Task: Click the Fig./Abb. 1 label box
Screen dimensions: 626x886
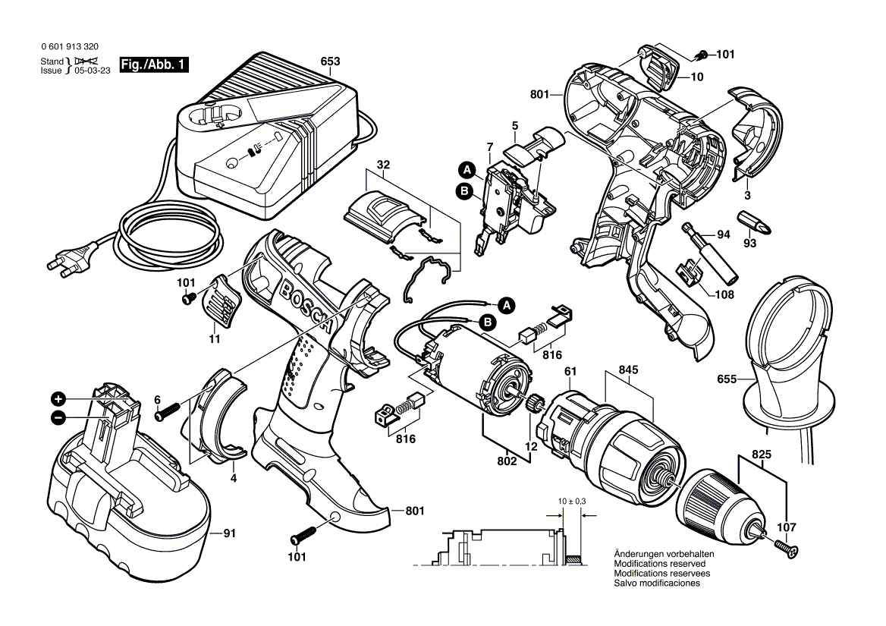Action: (155, 66)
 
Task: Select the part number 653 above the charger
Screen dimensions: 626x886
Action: (330, 61)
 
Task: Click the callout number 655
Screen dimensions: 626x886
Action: (727, 378)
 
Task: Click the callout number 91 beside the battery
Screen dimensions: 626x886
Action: (228, 533)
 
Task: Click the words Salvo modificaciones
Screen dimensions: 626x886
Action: (657, 584)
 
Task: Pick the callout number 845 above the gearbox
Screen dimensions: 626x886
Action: (629, 370)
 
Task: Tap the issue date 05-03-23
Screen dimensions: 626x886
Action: (91, 71)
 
